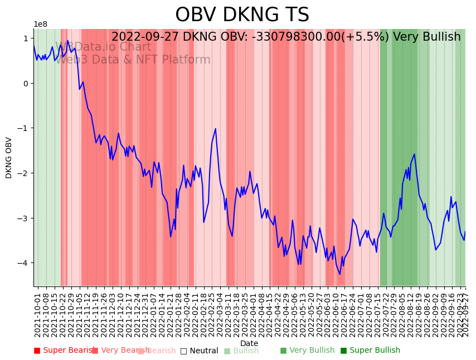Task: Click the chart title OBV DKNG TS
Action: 242,15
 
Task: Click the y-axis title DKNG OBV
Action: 9,158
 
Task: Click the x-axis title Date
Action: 249,343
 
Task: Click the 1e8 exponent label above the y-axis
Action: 40,25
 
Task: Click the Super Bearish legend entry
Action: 61,351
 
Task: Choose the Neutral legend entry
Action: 199,351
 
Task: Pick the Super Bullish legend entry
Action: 370,351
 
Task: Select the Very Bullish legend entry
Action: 307,351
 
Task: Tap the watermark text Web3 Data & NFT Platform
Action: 132,60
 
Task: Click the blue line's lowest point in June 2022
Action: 339,274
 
